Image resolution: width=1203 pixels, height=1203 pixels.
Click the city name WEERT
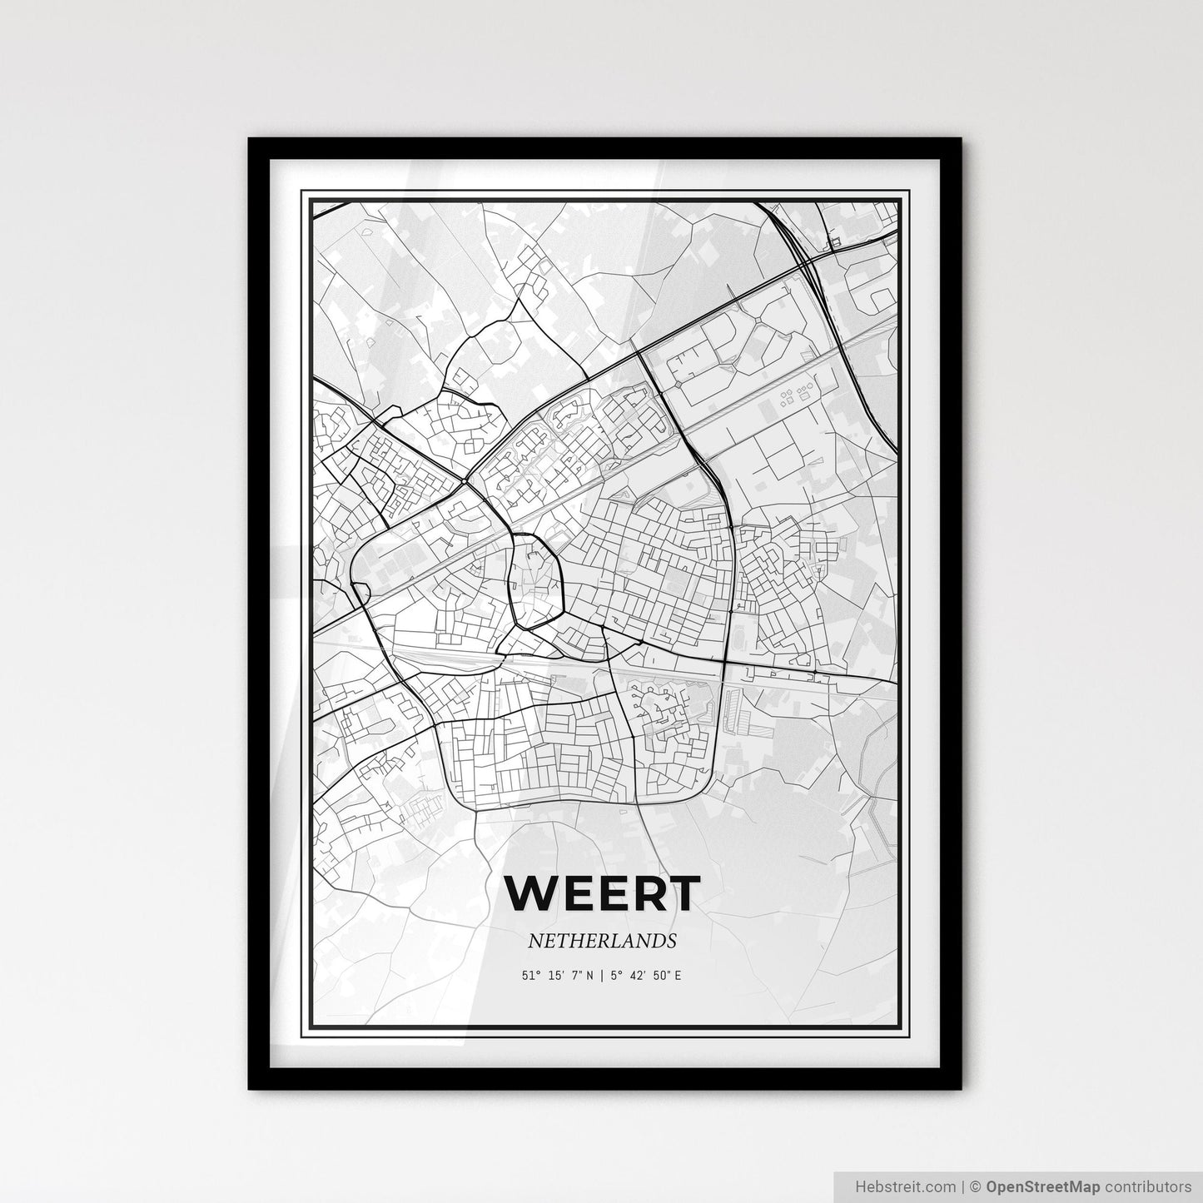(602, 893)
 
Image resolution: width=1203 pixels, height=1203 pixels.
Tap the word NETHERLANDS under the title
(601, 941)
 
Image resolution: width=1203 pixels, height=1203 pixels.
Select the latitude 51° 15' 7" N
(558, 975)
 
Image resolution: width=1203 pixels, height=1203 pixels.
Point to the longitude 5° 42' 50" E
(646, 975)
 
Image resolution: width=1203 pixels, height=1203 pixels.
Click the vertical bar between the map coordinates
(602, 975)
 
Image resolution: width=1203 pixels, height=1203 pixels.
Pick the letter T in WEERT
(682, 893)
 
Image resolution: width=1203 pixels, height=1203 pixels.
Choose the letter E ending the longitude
(678, 975)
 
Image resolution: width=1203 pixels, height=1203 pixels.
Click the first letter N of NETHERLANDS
(534, 941)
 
